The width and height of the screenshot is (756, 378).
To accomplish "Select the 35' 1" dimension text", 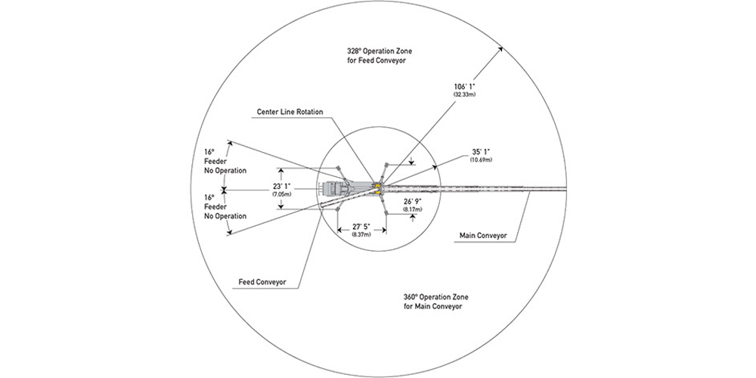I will click(480, 152).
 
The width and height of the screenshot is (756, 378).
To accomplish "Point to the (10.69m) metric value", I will click(480, 160).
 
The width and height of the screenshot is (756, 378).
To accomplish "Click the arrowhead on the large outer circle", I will click(501, 48).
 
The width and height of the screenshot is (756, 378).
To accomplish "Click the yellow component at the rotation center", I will click(377, 184).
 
